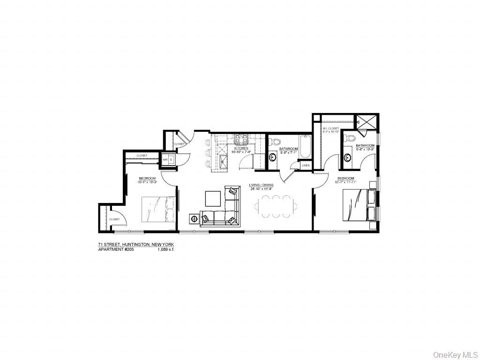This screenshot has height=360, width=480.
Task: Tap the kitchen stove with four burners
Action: (x=241, y=138)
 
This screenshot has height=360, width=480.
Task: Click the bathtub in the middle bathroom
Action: (x=305, y=147)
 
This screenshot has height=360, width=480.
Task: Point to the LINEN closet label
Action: (x=305, y=165)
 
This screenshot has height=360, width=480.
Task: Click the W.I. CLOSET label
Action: (x=330, y=128)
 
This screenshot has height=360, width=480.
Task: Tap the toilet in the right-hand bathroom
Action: (x=347, y=138)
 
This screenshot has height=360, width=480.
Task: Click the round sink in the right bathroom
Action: (x=348, y=157)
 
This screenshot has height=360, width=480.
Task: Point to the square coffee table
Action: (x=213, y=198)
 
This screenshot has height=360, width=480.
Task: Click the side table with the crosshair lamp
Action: (x=194, y=218)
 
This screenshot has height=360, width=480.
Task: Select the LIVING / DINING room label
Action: (x=261, y=185)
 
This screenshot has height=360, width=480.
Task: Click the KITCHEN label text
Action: (x=241, y=148)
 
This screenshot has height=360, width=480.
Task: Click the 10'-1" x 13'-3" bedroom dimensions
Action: (x=147, y=182)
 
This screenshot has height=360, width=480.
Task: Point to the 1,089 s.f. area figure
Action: (x=166, y=249)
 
